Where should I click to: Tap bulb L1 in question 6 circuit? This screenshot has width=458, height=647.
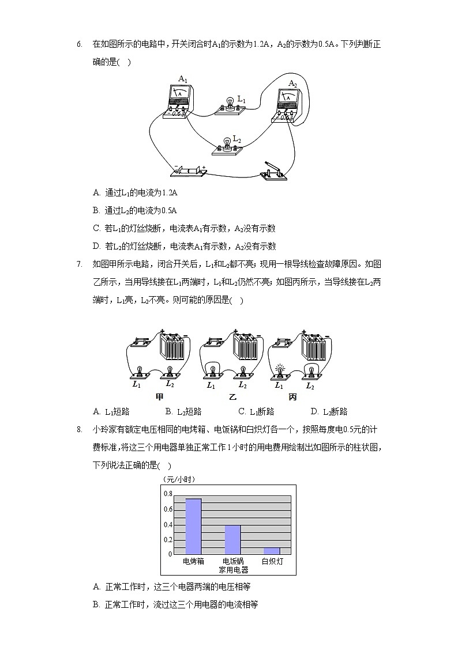pos(230,105)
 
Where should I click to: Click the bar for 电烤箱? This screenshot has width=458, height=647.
pos(193,526)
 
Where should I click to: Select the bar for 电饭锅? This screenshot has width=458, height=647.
pos(232,539)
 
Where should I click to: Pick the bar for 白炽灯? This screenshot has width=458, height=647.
pos(271,550)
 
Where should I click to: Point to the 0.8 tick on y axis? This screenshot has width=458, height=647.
pos(168,494)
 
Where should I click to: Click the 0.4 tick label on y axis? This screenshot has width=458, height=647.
pos(168,525)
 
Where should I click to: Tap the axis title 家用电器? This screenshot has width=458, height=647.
pos(233,570)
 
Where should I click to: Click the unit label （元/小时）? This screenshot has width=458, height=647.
pos(179,479)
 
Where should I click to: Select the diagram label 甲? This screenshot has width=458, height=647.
pos(160,397)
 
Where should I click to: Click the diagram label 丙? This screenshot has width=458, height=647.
pos(292,397)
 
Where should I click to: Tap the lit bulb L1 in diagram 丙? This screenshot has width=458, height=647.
pos(280,369)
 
